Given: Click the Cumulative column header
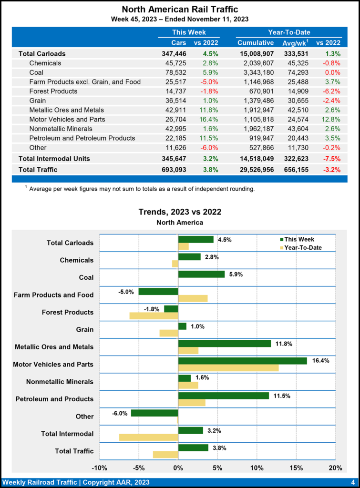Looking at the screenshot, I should [256, 43].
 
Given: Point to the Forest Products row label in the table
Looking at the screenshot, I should [53, 91].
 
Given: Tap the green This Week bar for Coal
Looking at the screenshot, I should [201, 274].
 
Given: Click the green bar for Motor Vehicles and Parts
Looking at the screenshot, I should [242, 361].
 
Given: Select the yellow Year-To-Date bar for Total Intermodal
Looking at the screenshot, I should [148, 437].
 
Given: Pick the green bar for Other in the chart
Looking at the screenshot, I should [154, 413].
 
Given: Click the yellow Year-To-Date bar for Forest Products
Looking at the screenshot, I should [154, 315].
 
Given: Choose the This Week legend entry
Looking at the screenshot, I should [296, 239].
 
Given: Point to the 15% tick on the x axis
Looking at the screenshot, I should [296, 468].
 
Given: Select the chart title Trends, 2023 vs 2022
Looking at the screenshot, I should [180, 212].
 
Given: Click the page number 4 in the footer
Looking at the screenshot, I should [352, 481].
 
